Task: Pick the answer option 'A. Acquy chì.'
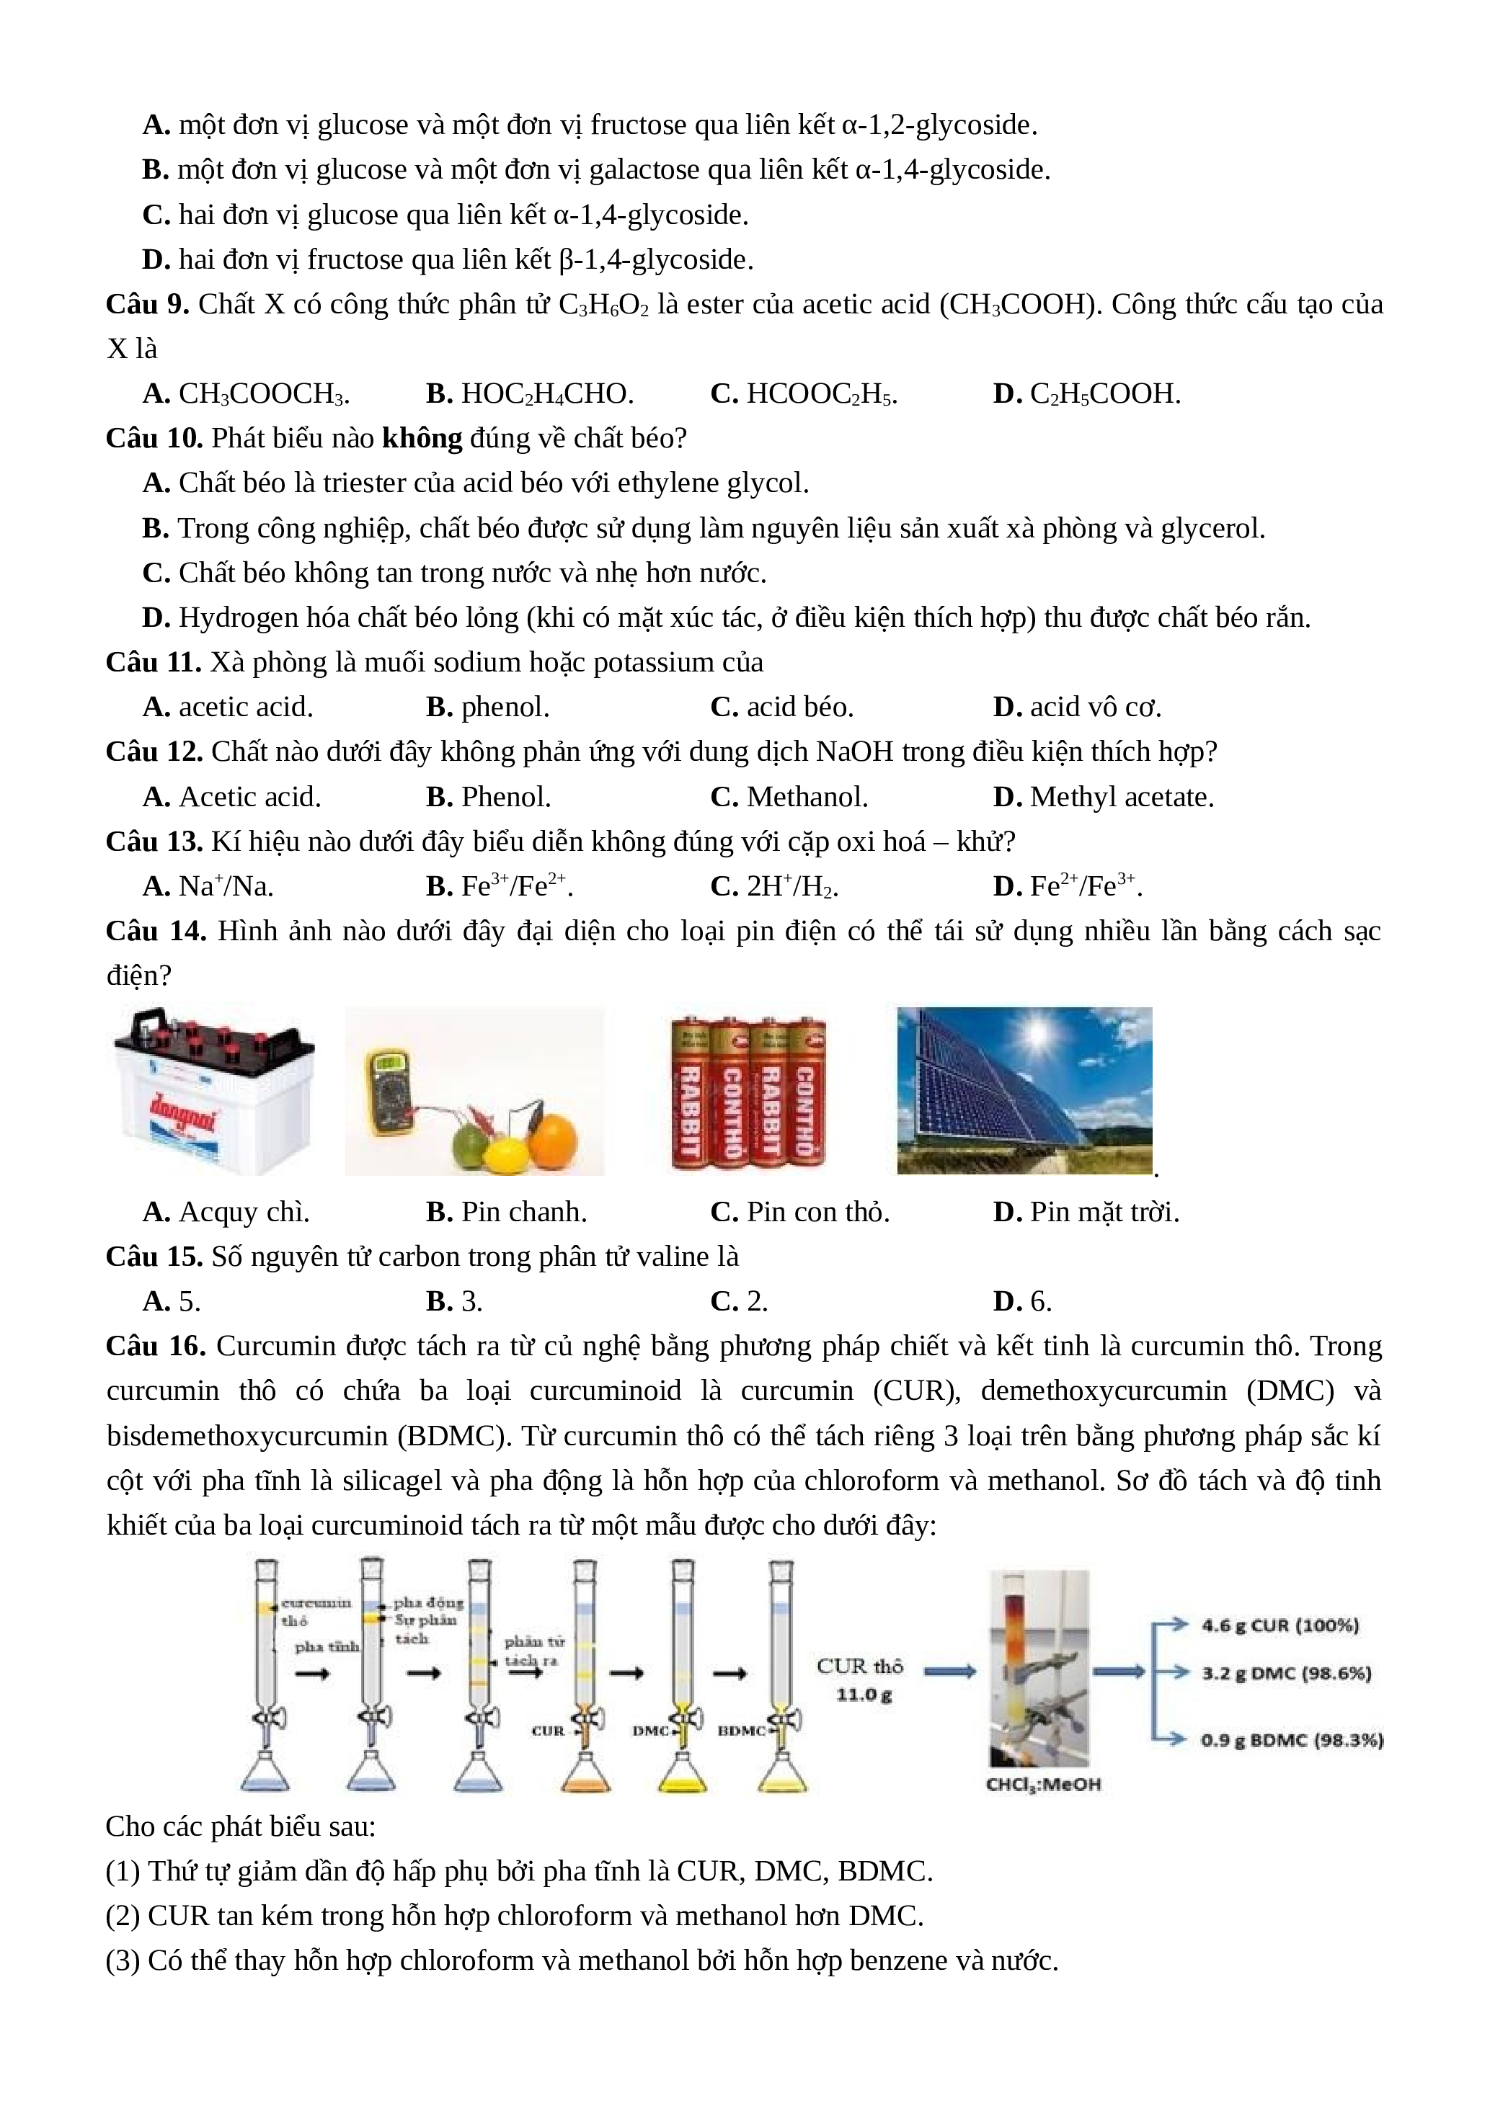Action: pos(226,1212)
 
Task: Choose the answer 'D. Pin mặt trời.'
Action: pos(1086,1212)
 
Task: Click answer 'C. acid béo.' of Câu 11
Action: pos(781,708)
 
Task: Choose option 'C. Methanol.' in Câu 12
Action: pos(789,797)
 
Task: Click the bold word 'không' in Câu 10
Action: pos(422,439)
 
